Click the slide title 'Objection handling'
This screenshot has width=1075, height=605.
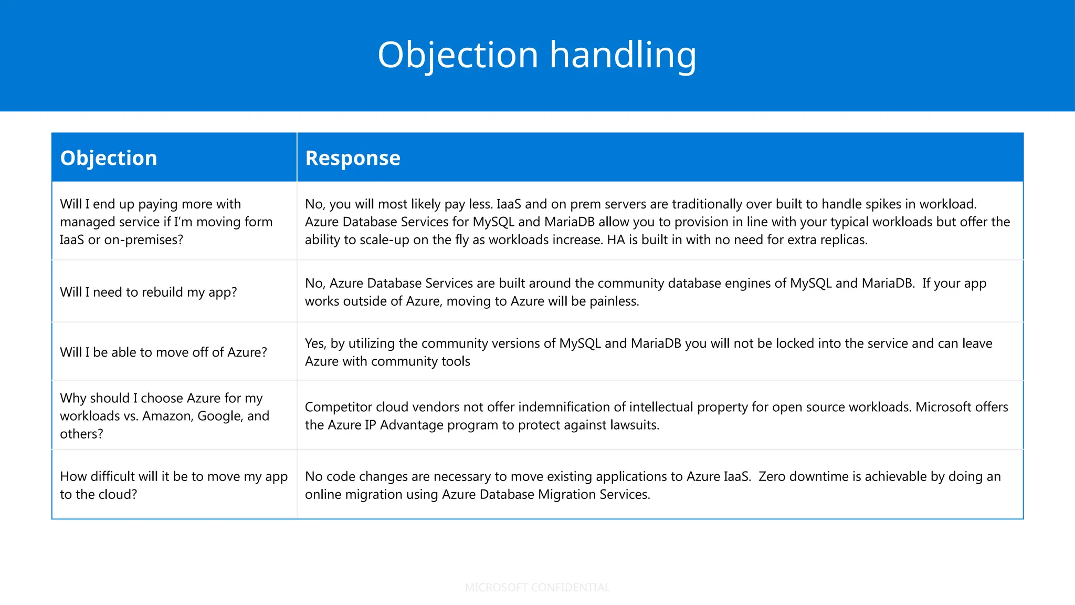537,55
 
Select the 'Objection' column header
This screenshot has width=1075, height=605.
109,158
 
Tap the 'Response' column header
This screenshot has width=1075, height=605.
353,158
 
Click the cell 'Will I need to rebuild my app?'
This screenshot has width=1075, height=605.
149,292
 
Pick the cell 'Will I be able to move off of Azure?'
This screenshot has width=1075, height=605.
163,352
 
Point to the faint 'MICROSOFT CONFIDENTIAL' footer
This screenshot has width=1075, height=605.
537,588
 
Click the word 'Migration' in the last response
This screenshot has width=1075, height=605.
547,494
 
